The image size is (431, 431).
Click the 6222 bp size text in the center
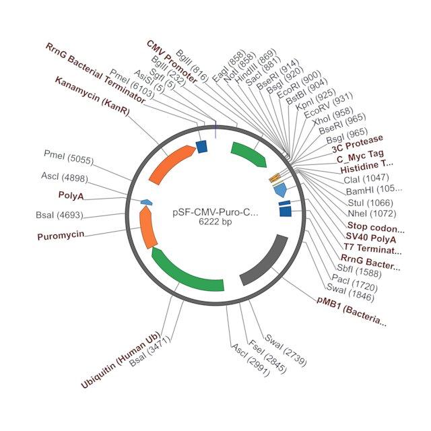pyautogui.click(x=215, y=222)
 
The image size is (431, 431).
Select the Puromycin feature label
pyautogui.click(x=61, y=236)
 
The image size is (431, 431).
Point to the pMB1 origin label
pyautogui.click(x=352, y=311)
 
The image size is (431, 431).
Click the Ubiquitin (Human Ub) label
pyautogui.click(x=121, y=359)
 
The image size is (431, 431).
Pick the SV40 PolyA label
pyautogui.click(x=371, y=238)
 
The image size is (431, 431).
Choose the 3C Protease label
pyautogui.click(x=358, y=143)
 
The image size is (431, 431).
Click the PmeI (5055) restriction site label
pyautogui.click(x=69, y=157)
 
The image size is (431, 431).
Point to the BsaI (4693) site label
pyautogui.click(x=59, y=215)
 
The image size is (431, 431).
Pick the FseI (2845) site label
pyautogui.click(x=267, y=356)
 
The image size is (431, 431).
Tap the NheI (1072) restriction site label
pyautogui.click(x=372, y=213)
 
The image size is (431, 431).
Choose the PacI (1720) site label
pyautogui.click(x=355, y=283)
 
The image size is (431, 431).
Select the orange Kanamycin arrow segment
pyautogui.click(x=171, y=163)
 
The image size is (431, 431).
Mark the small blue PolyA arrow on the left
pyautogui.click(x=147, y=202)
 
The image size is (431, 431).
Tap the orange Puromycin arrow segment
pyautogui.click(x=147, y=227)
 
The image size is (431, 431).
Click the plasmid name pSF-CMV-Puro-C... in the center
pyautogui.click(x=215, y=213)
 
